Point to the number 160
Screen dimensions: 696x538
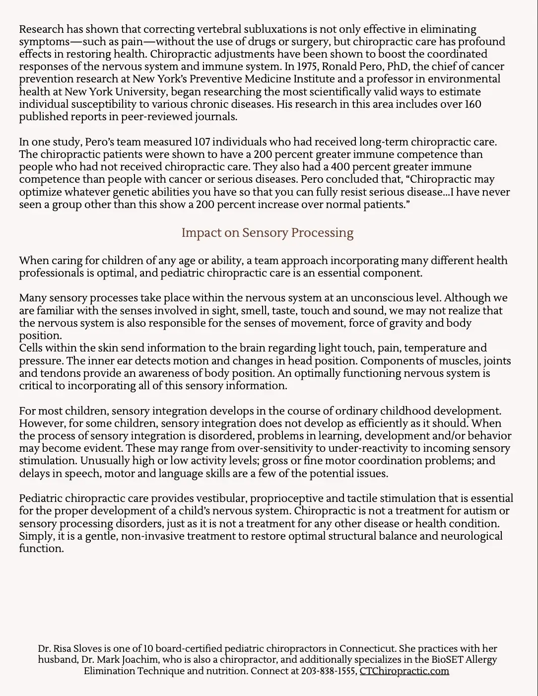472,104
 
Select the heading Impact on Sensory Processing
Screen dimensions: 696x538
268,233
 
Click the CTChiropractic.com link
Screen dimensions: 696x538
404,671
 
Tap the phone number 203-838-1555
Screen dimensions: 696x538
328,671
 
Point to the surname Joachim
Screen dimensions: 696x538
199,660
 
